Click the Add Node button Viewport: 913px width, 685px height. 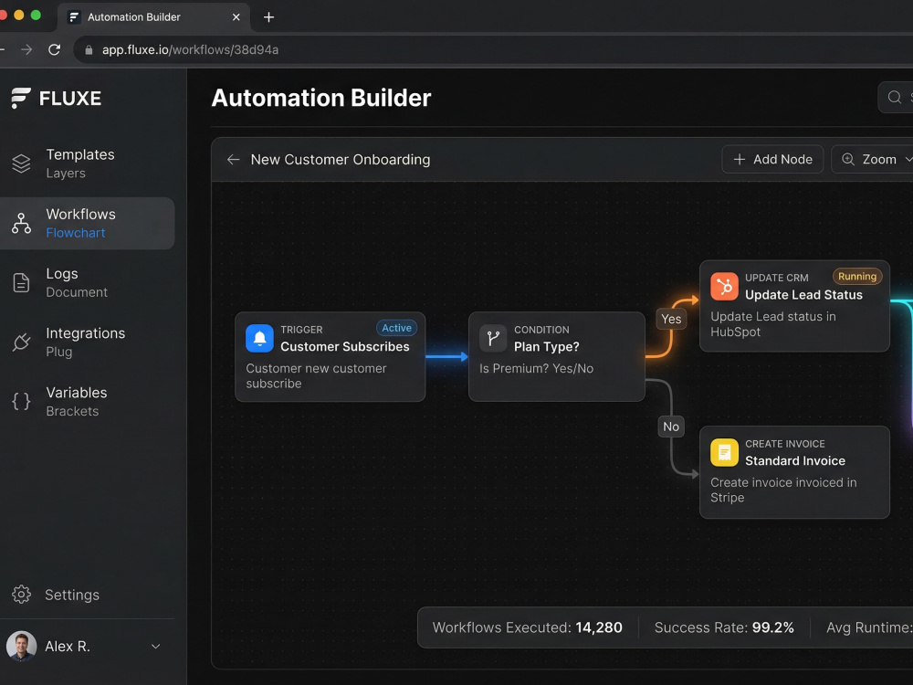[772, 159]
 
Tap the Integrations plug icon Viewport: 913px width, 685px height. [22, 342]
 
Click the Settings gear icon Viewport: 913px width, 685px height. [22, 595]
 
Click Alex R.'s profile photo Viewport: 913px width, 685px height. [22, 646]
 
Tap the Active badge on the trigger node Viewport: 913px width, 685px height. [396, 328]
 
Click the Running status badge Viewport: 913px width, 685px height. [857, 276]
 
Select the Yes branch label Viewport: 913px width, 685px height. [671, 319]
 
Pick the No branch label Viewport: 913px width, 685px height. [671, 427]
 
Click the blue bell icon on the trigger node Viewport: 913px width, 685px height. [259, 339]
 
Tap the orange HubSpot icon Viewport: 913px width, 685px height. [724, 287]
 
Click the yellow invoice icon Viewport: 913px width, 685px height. [724, 453]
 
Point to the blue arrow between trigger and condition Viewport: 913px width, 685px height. [446, 356]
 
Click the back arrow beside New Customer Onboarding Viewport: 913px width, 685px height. [233, 159]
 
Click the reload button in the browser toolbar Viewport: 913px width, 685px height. [54, 49]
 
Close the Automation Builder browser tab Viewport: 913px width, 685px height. [236, 16]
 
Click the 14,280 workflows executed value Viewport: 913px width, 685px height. [599, 627]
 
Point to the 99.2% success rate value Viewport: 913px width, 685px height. [772, 627]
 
